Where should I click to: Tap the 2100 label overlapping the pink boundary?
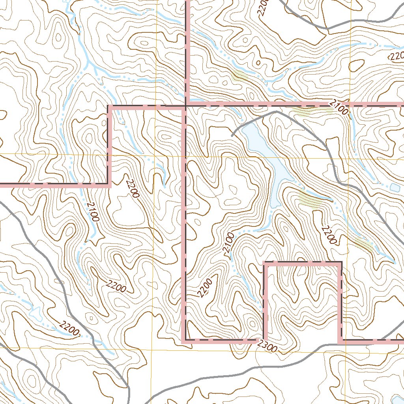click(339, 107)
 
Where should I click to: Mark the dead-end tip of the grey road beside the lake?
click(232, 136)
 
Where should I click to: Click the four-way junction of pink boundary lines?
click(186, 106)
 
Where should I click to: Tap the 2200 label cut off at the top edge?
click(264, 6)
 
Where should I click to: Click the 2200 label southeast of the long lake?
click(329, 235)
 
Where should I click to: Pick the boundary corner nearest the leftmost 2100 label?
click(109, 184)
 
